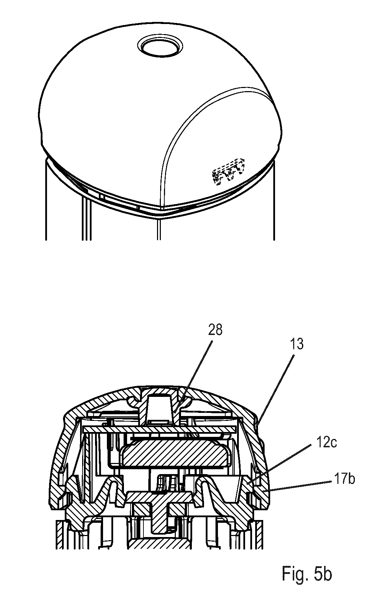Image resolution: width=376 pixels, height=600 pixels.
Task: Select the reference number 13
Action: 296,344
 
